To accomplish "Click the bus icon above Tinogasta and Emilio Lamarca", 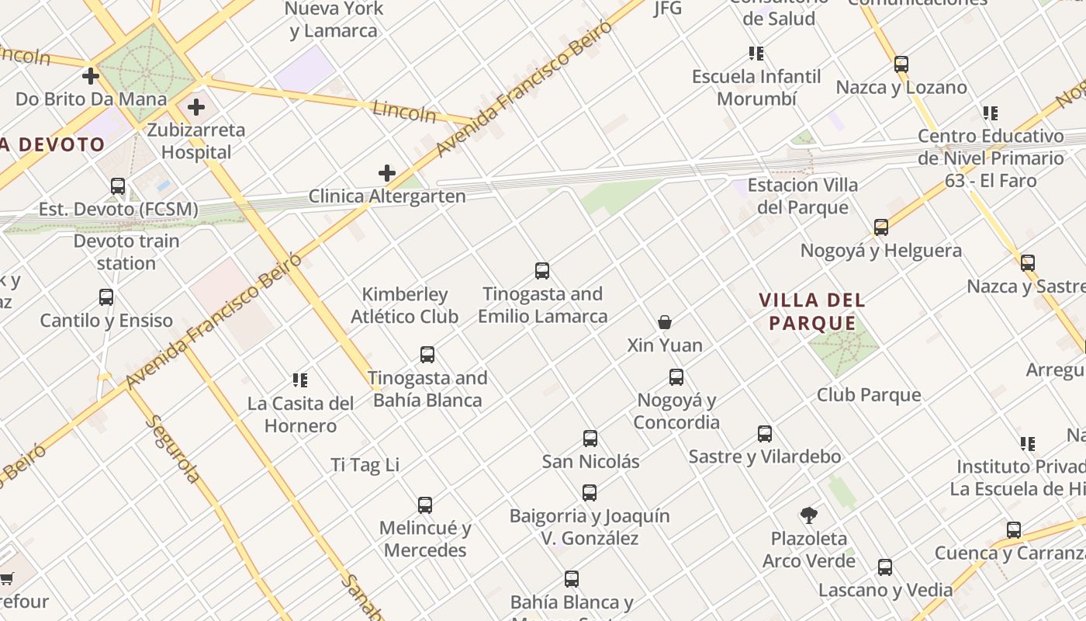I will tap(542, 271).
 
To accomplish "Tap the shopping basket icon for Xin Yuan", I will tap(665, 322).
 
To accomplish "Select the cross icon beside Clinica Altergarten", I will tap(387, 173).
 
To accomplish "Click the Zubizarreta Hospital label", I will tap(196, 141).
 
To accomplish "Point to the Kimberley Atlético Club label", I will tap(404, 305).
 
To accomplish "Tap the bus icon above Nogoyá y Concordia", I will tap(676, 377).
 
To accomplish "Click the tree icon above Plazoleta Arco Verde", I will tap(809, 515).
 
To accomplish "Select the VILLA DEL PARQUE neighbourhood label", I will tap(812, 311).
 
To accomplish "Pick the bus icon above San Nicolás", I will tap(590, 439).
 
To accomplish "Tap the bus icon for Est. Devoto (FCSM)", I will tap(118, 186).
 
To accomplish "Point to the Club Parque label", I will tap(869, 395).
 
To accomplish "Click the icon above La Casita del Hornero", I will tap(300, 380).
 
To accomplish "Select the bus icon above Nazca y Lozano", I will tap(901, 64).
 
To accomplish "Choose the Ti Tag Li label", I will tap(365, 465).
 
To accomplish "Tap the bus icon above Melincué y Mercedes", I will tap(425, 505).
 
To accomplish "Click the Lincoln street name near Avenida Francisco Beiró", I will tap(404, 111).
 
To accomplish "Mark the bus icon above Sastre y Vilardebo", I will tap(765, 434).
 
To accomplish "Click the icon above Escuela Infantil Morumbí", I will tap(756, 54).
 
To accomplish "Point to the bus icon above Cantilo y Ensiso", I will tap(106, 297).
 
